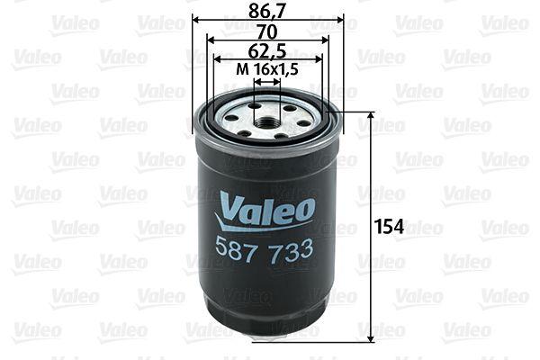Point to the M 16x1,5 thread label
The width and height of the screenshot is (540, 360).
point(267,68)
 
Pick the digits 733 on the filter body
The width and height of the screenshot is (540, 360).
point(293,249)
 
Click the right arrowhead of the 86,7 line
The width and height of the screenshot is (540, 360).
point(341,20)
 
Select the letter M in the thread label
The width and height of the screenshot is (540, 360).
point(240,68)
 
